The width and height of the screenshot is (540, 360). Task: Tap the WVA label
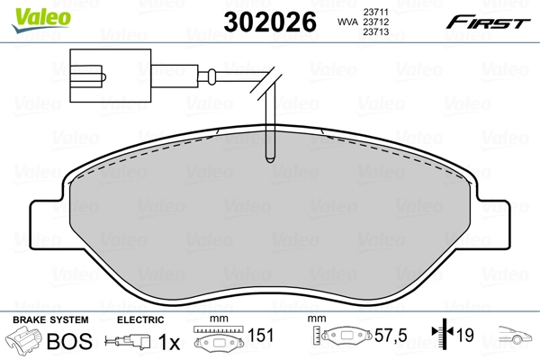pyautogui.click(x=346, y=22)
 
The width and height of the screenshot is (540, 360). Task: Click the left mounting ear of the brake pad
pyautogui.click(x=48, y=220)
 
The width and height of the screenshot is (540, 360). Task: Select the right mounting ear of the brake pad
pyautogui.click(x=493, y=220)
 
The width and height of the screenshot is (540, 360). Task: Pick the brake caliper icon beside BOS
pyautogui.click(x=25, y=341)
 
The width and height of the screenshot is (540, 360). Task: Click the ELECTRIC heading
pyautogui.click(x=141, y=319)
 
